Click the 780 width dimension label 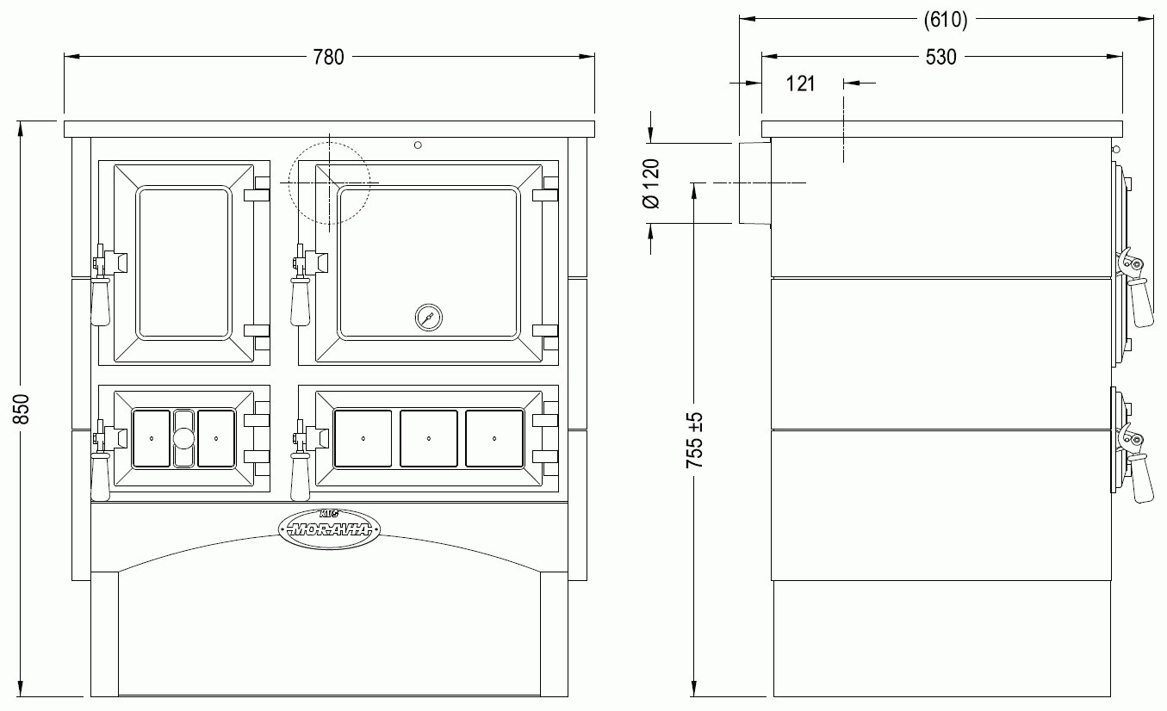(x=328, y=57)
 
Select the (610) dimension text (x=946, y=20)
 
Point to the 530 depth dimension (x=940, y=57)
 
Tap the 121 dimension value (x=800, y=83)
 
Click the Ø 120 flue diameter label (x=651, y=183)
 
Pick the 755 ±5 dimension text (x=695, y=440)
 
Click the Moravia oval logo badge (x=329, y=529)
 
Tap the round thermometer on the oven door (x=429, y=318)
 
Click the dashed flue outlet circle (x=329, y=142)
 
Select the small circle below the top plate (x=418, y=145)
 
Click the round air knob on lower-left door (x=183, y=438)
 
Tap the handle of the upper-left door (x=101, y=302)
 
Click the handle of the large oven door (x=300, y=302)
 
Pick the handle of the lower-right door (x=300, y=477)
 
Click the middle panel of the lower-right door (x=429, y=439)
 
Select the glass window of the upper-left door (x=184, y=263)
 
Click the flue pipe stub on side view (x=755, y=182)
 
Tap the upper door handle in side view (x=1139, y=302)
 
